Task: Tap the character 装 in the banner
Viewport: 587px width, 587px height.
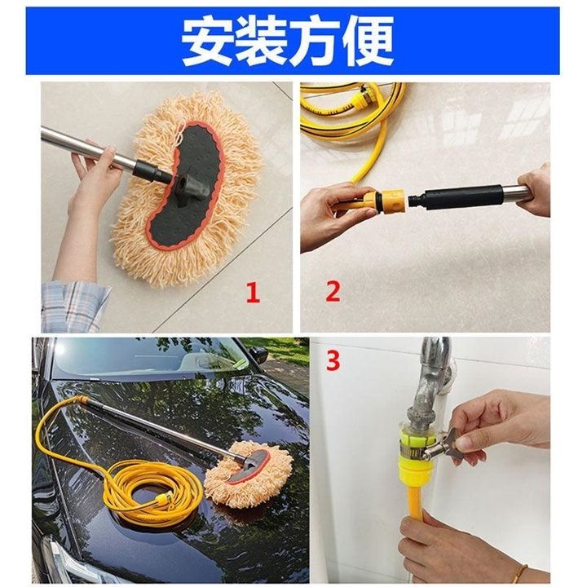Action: (x=261, y=42)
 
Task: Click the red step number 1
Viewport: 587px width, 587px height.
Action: (x=253, y=293)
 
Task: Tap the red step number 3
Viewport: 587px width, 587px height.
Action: (x=333, y=360)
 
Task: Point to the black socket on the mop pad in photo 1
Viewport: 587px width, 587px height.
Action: (x=192, y=188)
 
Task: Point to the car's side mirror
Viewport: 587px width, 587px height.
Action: (x=259, y=355)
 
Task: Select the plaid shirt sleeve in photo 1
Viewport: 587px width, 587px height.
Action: (x=73, y=307)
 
